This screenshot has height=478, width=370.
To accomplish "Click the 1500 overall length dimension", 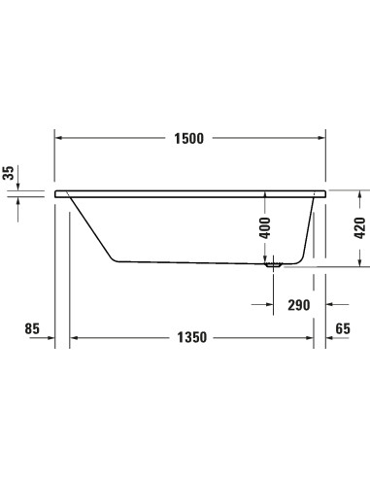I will pos(189,138).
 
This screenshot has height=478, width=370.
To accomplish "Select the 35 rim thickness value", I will pos(9,173).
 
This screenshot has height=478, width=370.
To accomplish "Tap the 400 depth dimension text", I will pos(264,229).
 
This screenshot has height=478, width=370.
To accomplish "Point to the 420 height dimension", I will pos(359,229).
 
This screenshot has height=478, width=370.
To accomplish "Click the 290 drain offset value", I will pos(298,305).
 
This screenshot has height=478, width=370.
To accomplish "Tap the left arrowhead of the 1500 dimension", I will pos(59,138).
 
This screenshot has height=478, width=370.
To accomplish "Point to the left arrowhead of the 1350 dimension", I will pos(75,339).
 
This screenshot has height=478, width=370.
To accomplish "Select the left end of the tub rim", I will pos(57,192).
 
